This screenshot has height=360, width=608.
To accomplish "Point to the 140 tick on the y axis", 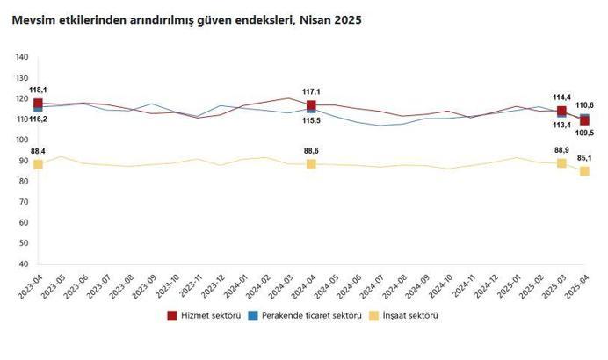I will (22, 58).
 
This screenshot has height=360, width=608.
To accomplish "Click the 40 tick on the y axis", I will (24, 263).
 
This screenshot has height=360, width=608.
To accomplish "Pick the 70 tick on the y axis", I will (24, 202).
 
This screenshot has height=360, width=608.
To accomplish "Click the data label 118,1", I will (38, 90).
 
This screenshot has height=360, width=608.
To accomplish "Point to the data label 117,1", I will (311, 91).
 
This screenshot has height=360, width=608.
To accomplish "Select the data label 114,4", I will (562, 97).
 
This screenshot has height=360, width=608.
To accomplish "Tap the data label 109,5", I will (584, 133).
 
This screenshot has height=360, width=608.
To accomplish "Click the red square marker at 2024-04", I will (311, 105).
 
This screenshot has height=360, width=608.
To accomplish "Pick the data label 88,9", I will (562, 150).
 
